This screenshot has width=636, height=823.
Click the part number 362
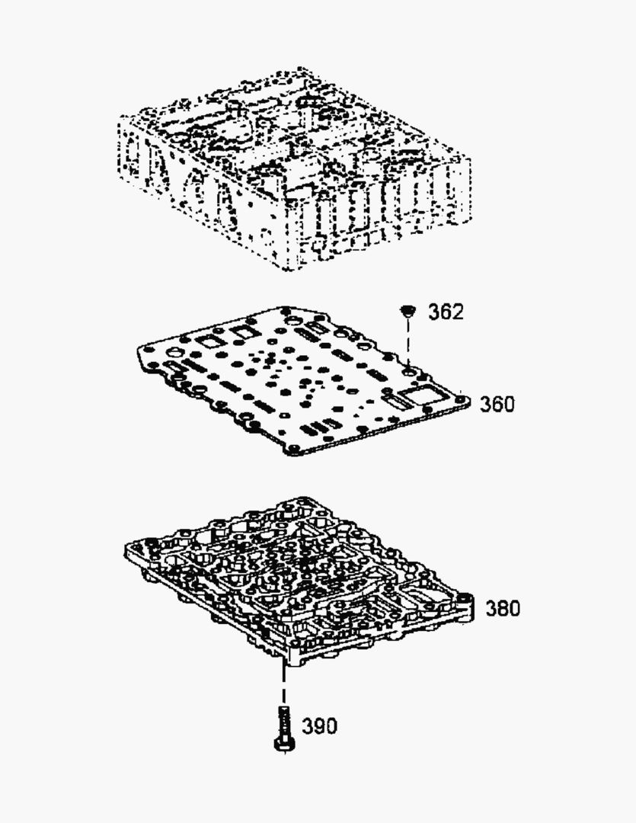pyautogui.click(x=446, y=312)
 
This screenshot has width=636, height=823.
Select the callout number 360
pyautogui.click(x=497, y=404)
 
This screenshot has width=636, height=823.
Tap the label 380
pyautogui.click(x=503, y=608)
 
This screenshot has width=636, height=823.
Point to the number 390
pyautogui.click(x=320, y=726)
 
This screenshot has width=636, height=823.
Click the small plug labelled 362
pyautogui.click(x=407, y=311)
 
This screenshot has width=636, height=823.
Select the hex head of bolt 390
pyautogui.click(x=284, y=744)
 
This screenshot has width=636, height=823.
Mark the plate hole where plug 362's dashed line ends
pyautogui.click(x=408, y=373)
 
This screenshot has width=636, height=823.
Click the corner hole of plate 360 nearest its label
pyautogui.click(x=462, y=400)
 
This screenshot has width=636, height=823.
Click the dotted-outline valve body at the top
pyautogui.click(x=294, y=168)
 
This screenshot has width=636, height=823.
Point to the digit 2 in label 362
pyautogui.click(x=458, y=312)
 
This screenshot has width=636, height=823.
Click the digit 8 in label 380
pyautogui.click(x=503, y=608)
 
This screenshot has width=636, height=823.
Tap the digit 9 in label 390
pyautogui.click(x=320, y=726)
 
